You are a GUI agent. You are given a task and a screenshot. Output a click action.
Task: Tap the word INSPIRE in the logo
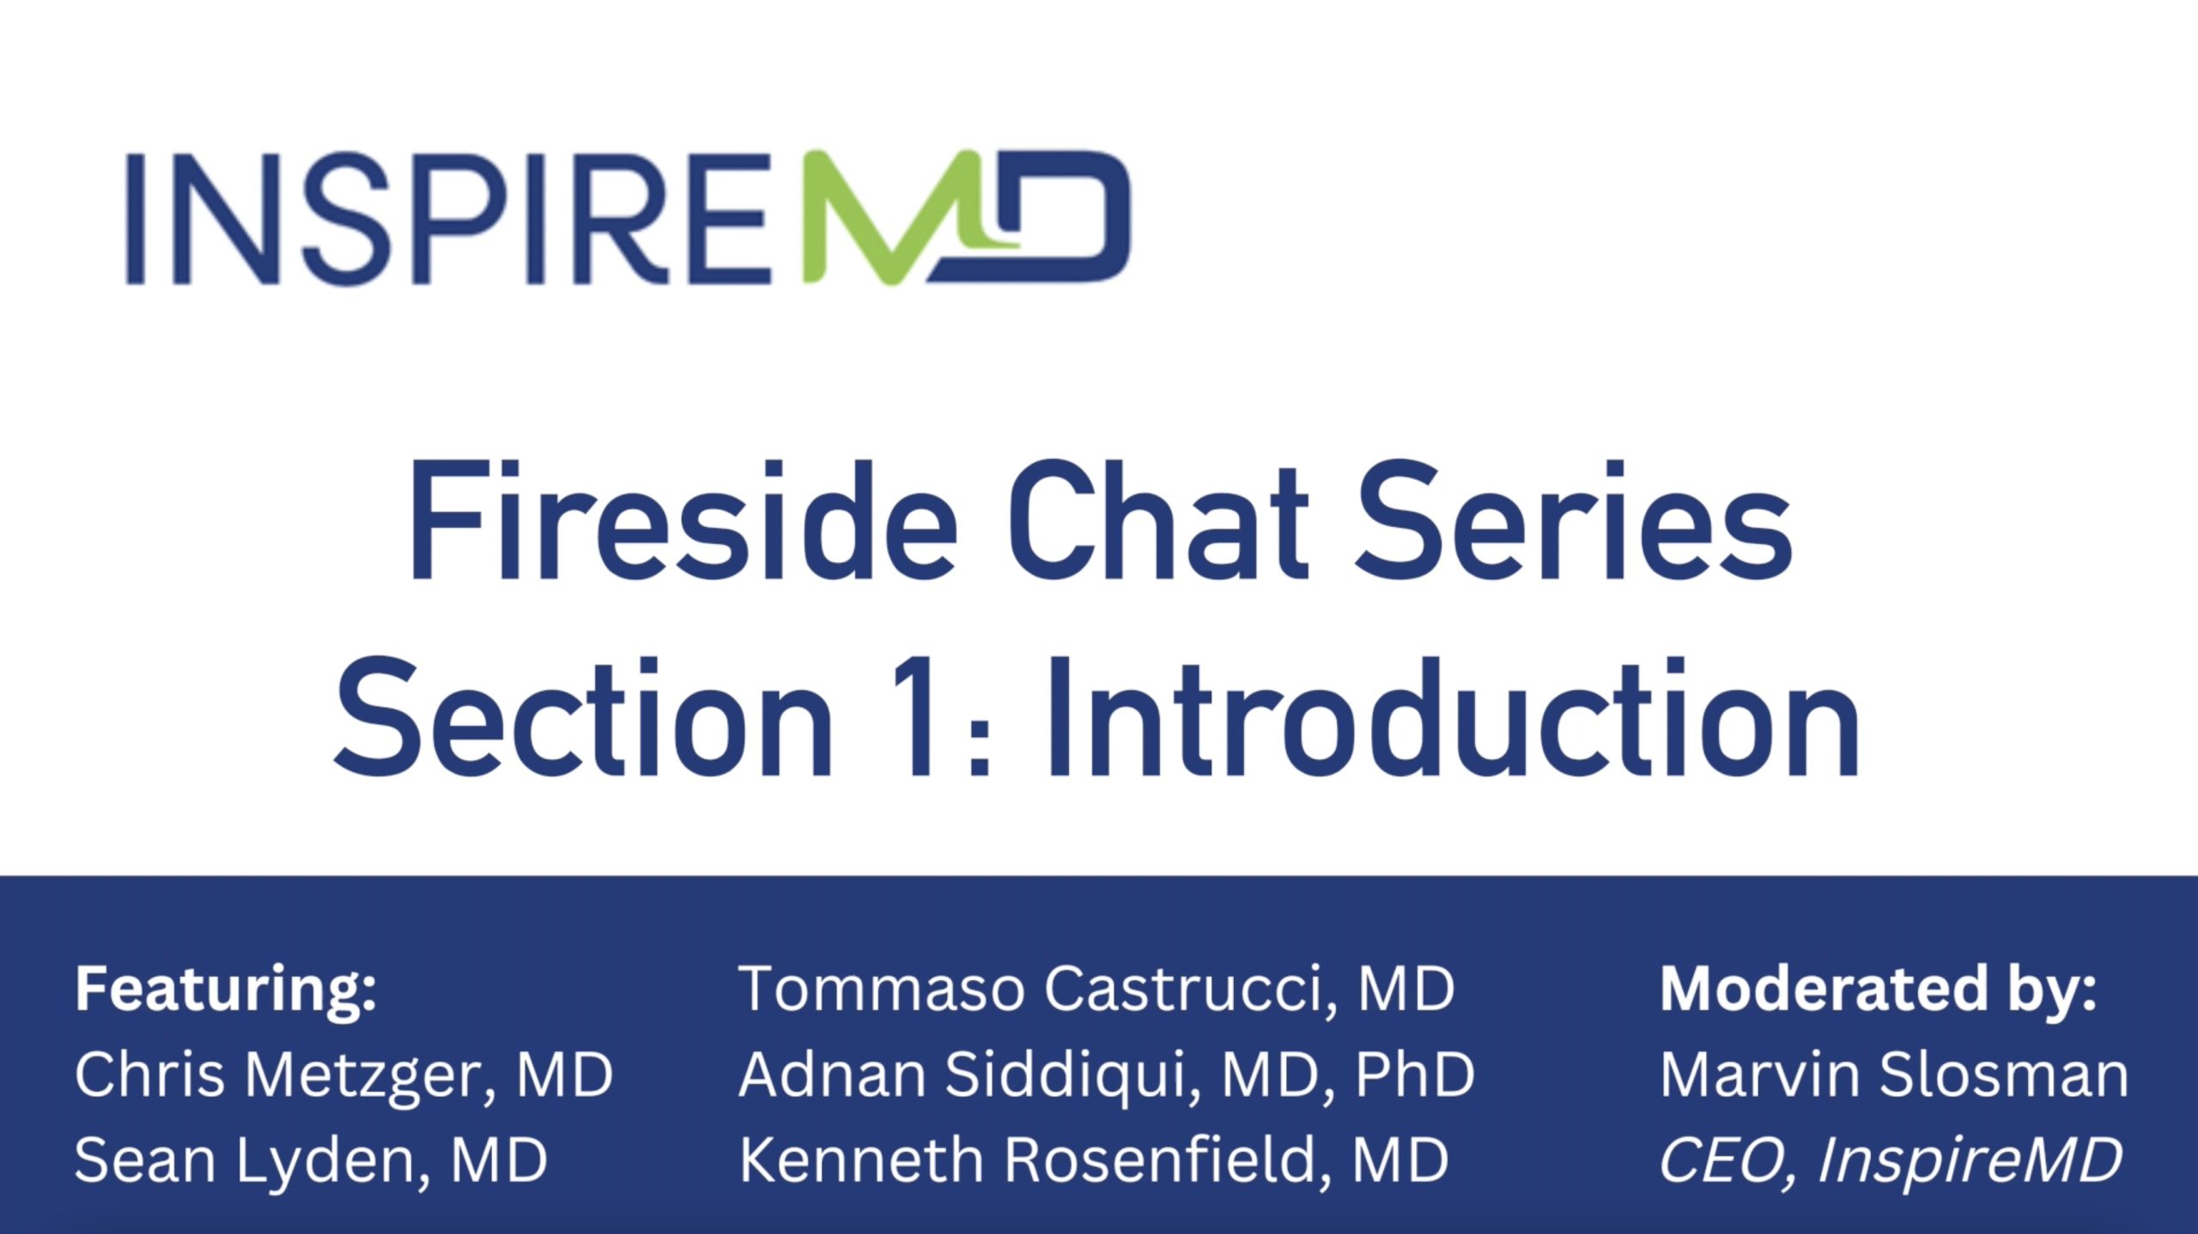[x=448, y=219]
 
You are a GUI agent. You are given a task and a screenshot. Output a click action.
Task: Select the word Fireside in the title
[x=683, y=522]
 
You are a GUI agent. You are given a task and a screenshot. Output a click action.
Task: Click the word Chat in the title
[x=1158, y=522]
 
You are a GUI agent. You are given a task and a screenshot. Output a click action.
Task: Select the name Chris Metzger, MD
[x=343, y=1074]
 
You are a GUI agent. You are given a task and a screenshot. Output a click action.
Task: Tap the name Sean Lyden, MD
[x=311, y=1160]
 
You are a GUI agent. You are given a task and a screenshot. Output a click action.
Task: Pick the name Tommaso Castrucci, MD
[x=1096, y=989]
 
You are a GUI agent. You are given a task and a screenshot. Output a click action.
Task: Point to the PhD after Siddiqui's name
[x=1414, y=1074]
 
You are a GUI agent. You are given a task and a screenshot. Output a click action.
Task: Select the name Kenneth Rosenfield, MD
[x=1094, y=1160]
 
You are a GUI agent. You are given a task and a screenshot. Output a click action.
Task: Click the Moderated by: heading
[x=1879, y=990]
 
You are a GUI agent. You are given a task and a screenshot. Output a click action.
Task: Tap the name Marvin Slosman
[x=1894, y=1074]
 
